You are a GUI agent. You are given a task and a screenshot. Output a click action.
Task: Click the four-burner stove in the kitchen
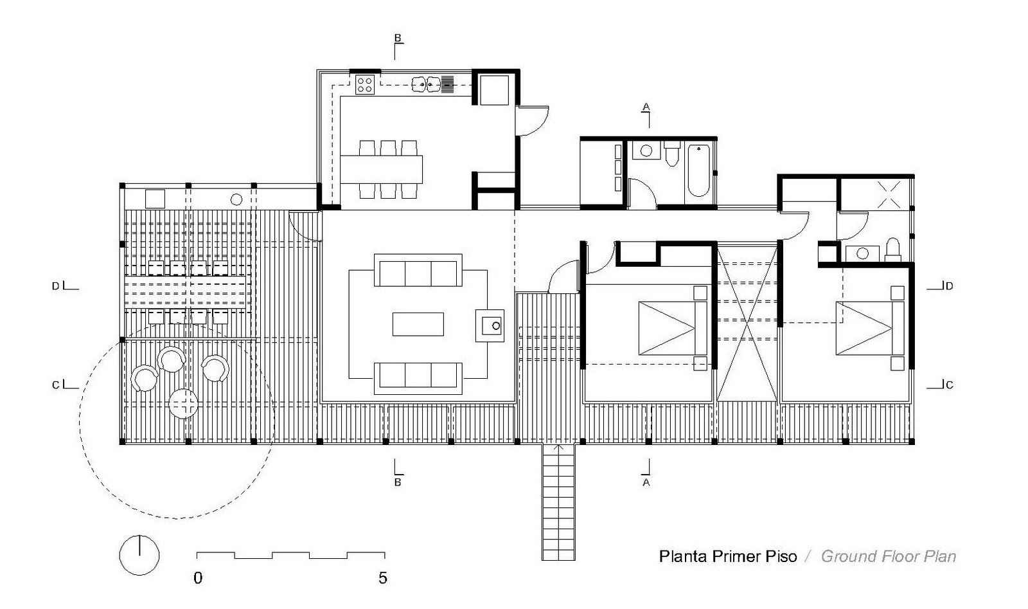365,84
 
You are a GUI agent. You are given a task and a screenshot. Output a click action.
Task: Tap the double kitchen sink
425,83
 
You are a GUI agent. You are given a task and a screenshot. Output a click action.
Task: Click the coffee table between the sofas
418,324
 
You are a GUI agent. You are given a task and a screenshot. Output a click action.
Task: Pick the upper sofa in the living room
418,271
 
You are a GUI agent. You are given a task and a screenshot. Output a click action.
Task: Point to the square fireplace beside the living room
490,325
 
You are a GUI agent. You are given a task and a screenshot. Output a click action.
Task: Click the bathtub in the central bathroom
698,170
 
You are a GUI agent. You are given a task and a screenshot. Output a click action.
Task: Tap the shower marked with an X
889,194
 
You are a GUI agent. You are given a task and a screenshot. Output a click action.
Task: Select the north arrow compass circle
139,554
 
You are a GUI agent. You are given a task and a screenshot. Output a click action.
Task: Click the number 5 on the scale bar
383,577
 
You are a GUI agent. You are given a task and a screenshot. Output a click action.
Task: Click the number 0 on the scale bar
198,577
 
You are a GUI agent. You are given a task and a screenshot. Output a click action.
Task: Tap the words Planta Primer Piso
727,556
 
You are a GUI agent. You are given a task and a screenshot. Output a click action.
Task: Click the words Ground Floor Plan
889,556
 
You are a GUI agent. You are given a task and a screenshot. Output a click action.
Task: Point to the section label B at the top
398,39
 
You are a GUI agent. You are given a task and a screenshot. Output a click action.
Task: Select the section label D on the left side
56,286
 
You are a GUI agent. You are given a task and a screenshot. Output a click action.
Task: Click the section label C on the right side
949,385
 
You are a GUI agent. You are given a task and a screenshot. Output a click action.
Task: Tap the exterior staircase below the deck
558,502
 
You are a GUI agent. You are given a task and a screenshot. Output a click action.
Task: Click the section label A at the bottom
646,482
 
